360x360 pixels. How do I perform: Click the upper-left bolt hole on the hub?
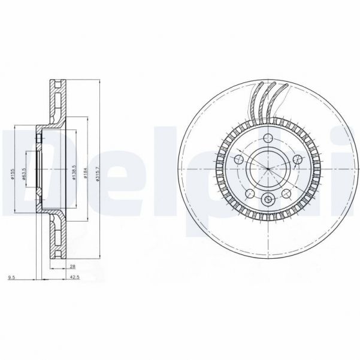pyautogui.click(x=238, y=159)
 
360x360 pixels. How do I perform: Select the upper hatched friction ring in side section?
pyautogui.click(x=58, y=102)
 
